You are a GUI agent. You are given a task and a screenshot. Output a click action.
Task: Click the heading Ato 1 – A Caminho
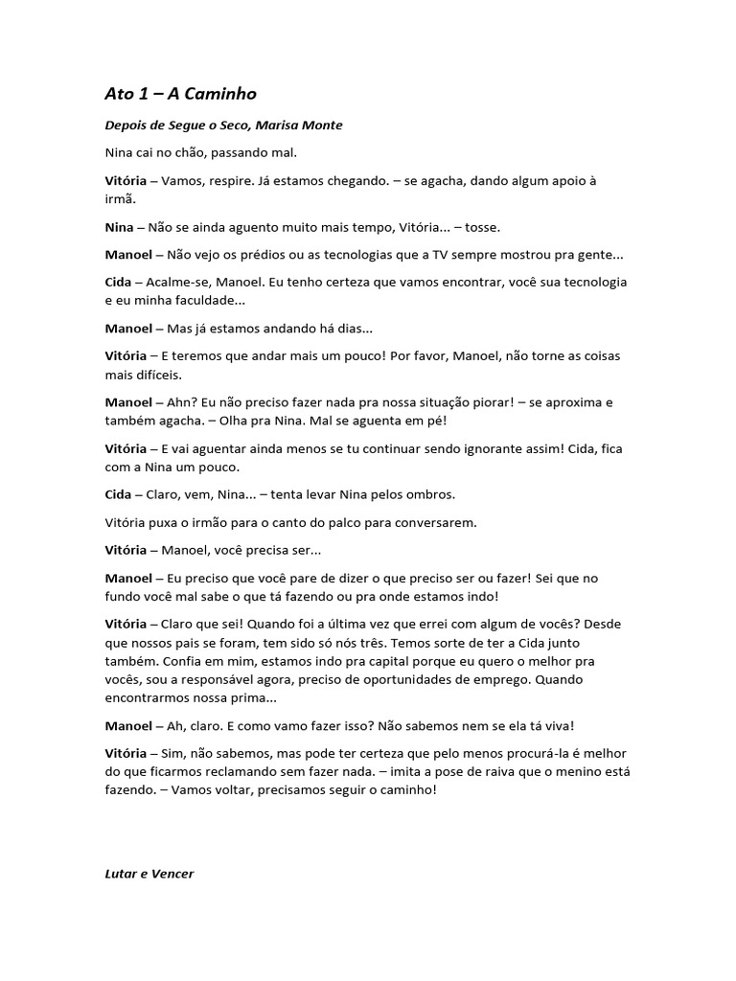180,94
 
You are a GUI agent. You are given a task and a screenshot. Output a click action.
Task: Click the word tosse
478,227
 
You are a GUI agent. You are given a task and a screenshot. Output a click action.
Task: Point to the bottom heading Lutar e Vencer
149,874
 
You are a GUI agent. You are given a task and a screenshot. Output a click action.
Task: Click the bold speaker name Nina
120,227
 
